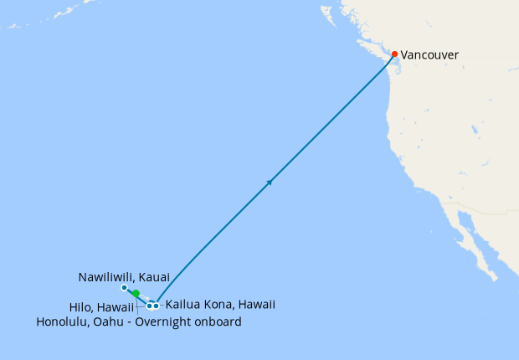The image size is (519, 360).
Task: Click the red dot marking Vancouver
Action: [395, 55]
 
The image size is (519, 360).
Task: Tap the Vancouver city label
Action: [429, 55]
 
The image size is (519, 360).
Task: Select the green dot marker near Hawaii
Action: [136, 294]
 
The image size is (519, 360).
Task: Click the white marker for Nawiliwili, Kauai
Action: [124, 288]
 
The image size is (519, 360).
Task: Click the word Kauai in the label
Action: [155, 276]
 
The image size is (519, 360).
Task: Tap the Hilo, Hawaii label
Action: [101, 307]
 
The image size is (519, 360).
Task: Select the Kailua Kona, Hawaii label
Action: [220, 305]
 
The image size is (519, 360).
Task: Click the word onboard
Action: [218, 322]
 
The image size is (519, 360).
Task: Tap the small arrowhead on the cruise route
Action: [270, 181]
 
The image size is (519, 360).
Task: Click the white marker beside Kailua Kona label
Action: [157, 306]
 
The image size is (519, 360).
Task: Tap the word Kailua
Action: [182, 305]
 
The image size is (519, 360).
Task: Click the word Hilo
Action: [81, 307]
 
